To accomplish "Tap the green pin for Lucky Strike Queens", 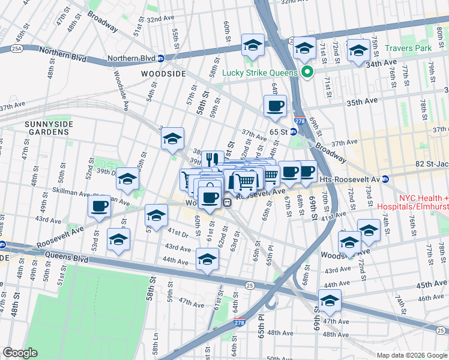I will (308, 73).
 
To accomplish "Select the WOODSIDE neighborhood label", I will (163, 73).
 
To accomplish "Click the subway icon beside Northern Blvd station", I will (161, 59).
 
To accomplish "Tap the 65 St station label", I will (279, 131).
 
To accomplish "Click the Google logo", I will (20, 352).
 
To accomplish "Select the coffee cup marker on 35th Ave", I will (275, 106).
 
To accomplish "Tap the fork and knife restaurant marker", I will (212, 160).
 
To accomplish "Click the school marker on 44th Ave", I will (206, 260).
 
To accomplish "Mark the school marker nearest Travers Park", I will (358, 51).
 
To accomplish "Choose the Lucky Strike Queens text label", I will (260, 73).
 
